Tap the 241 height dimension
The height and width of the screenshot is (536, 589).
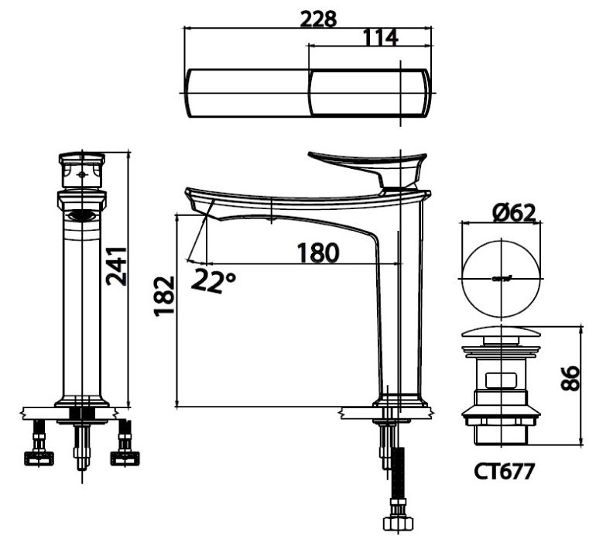pyautogui.click(x=118, y=266)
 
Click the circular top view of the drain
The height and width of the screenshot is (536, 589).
pyautogui.click(x=500, y=278)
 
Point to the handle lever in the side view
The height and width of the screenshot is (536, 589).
pyautogui.click(x=364, y=164)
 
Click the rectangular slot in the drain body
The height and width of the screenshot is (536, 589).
pyautogui.click(x=501, y=380)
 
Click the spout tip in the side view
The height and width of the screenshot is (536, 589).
pyautogui.click(x=197, y=203)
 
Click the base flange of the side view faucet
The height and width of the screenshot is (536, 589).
pyautogui.click(x=399, y=402)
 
